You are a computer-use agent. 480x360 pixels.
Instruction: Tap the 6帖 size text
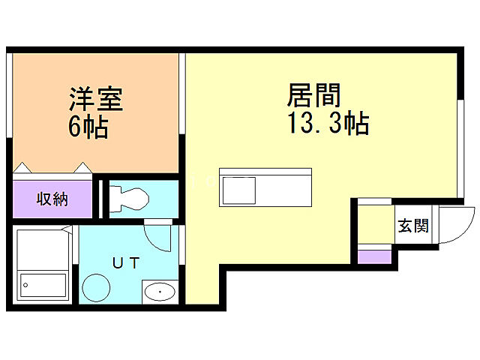pyautogui.click(x=89, y=127)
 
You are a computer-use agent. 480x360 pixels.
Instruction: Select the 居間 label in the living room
pyautogui.click(x=313, y=96)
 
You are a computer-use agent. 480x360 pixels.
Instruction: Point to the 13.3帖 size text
pyautogui.click(x=328, y=124)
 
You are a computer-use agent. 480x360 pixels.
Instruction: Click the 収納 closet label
pyautogui.click(x=52, y=199)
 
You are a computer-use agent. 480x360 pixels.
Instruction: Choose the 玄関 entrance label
pyautogui.click(x=413, y=225)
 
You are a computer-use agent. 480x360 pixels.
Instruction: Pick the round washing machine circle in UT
pyautogui.click(x=97, y=286)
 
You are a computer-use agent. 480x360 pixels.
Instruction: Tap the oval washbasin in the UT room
pyautogui.click(x=159, y=292)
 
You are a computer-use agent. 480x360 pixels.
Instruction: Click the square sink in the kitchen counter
pyautogui.click(x=238, y=188)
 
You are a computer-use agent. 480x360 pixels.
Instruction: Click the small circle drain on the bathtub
pyautogui.click(x=26, y=285)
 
